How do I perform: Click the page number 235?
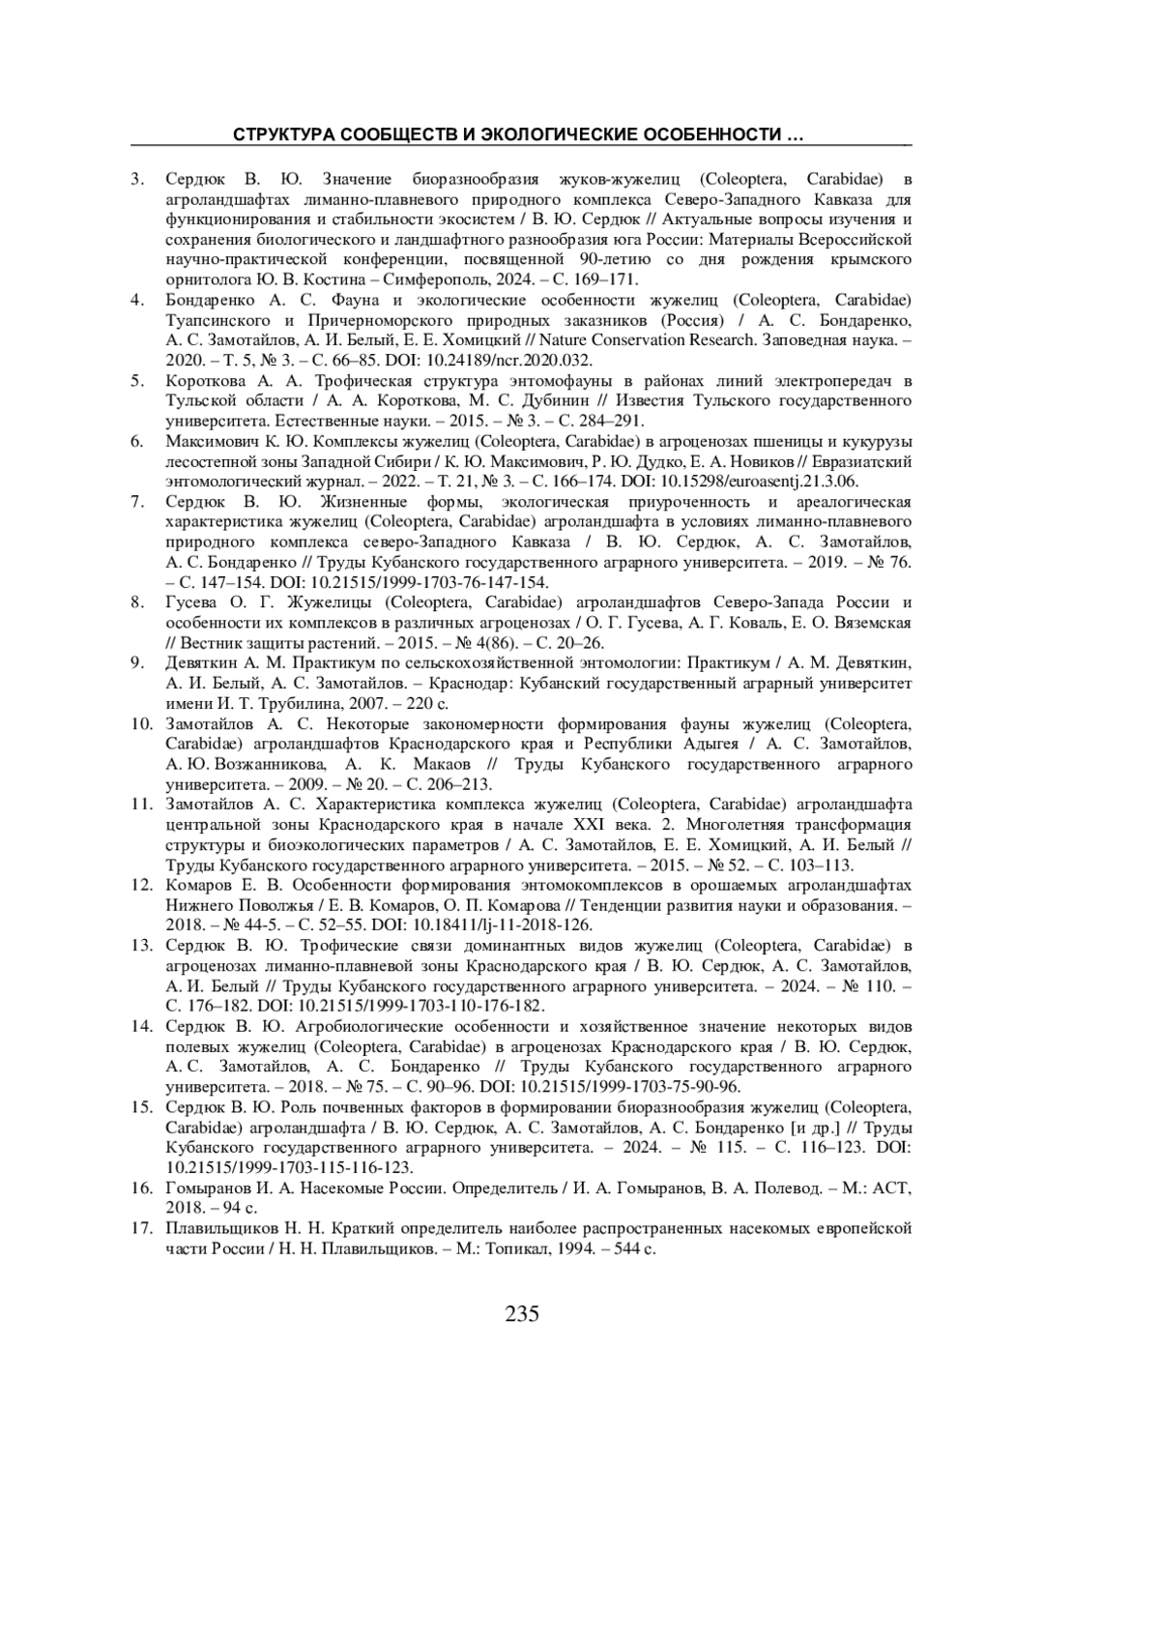pyautogui.click(x=521, y=1313)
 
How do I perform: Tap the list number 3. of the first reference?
pyautogui.click(x=138, y=179)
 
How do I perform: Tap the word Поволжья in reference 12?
pyautogui.click(x=253, y=905)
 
